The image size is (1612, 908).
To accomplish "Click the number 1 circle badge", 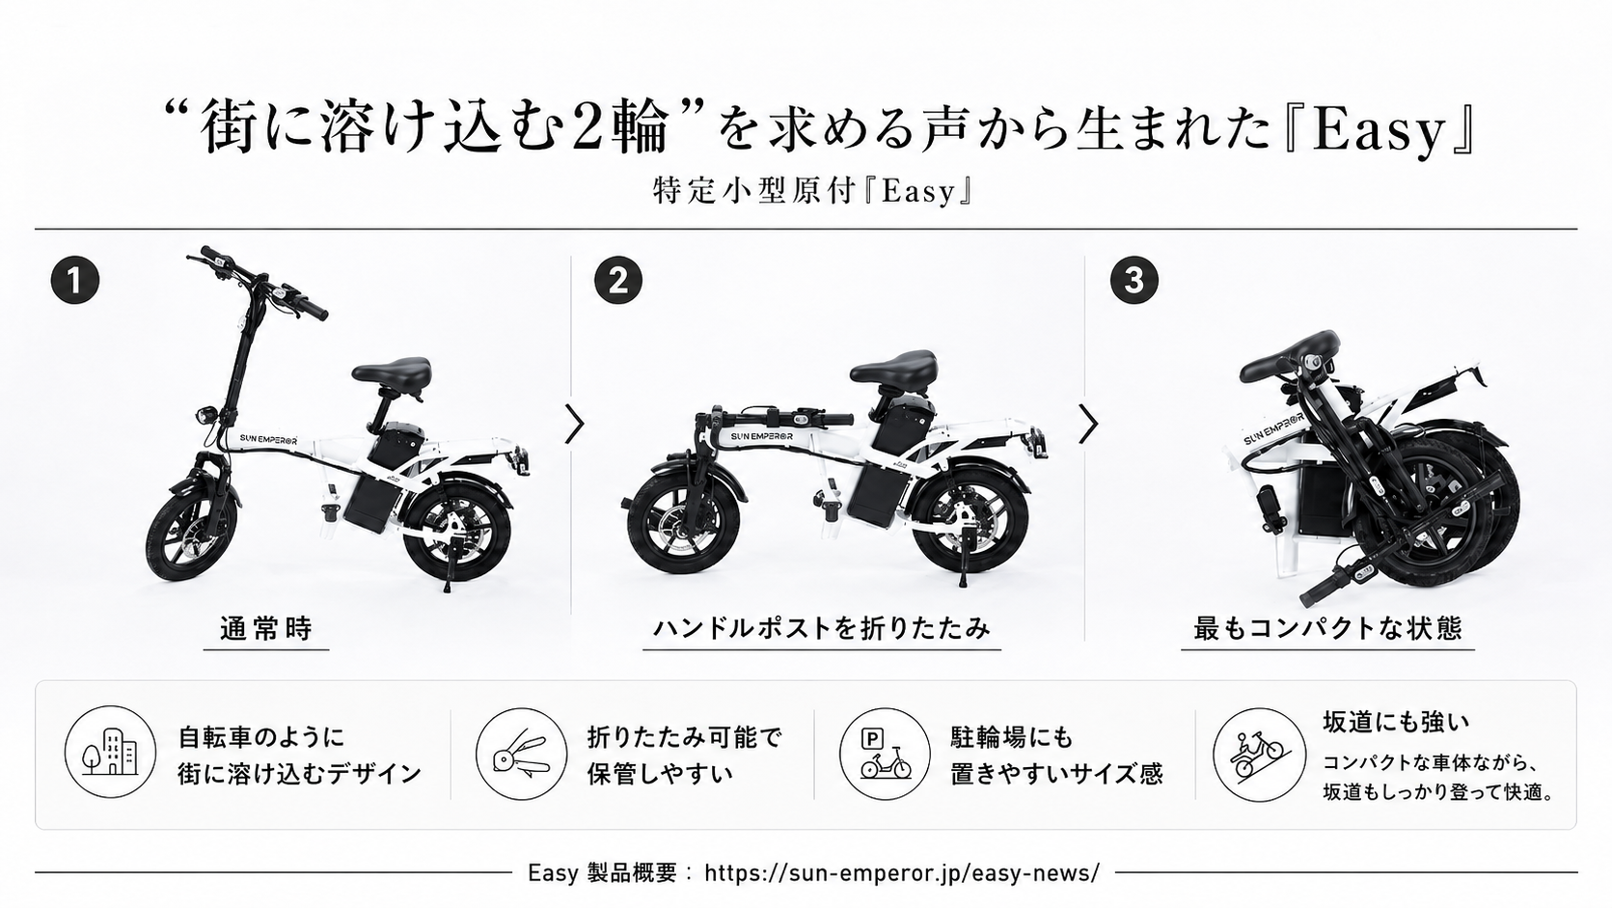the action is tap(75, 280).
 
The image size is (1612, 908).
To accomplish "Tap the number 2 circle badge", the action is tap(618, 280).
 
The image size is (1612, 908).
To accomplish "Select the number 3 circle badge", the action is tap(1134, 280).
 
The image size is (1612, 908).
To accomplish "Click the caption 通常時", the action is tap(266, 628).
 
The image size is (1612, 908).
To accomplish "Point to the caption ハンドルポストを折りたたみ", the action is tap(822, 628).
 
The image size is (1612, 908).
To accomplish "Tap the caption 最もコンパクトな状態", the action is tap(1327, 628).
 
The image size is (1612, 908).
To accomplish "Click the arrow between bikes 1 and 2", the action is tap(574, 425).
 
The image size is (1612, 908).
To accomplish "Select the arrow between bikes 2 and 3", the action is tap(1089, 425).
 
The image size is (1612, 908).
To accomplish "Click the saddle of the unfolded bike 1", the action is tap(392, 371).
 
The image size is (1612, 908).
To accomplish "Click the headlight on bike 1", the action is tap(205, 416).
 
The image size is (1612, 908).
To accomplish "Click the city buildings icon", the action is tap(110, 752).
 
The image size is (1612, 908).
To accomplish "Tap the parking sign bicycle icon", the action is tap(886, 754).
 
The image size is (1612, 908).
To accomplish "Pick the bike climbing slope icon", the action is tap(1259, 755).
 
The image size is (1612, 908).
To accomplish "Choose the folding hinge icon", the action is tap(522, 754).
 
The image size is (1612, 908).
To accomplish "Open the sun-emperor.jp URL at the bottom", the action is tap(902, 872).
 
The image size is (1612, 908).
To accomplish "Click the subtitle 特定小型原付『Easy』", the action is tap(814, 191).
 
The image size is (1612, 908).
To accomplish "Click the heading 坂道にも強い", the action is tap(1396, 722).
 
